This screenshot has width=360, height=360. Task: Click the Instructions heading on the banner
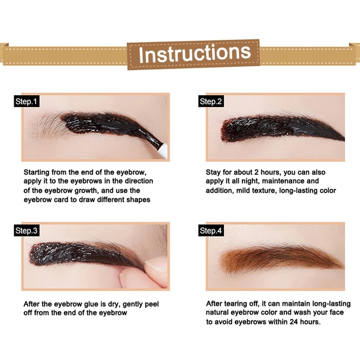[x=194, y=54]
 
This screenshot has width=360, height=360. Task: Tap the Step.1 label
[x=27, y=102]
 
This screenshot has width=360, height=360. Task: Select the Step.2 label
[x=211, y=102]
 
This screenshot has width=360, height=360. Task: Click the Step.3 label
[x=27, y=231]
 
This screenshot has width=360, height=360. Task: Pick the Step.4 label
[x=211, y=231]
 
